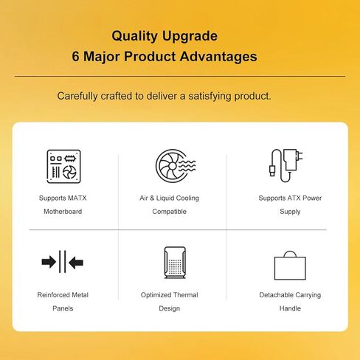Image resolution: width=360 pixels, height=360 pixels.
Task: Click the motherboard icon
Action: [x=63, y=166]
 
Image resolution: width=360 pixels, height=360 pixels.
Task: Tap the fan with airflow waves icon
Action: [x=176, y=166]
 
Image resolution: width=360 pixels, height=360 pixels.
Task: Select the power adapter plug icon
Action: [x=285, y=165]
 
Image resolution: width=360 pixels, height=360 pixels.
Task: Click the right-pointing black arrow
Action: [x=49, y=262]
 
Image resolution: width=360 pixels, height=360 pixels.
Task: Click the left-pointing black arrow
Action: [x=76, y=262]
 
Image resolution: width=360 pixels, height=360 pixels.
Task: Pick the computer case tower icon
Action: [x=175, y=263]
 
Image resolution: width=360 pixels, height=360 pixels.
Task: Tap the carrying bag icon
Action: [x=290, y=266]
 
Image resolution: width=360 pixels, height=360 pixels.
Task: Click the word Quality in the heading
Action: [x=134, y=36]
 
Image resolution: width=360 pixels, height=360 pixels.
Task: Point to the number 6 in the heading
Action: [x=75, y=56]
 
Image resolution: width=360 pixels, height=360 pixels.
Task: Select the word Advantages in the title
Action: [x=218, y=57]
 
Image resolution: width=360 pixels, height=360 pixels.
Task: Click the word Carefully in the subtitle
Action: [x=77, y=96]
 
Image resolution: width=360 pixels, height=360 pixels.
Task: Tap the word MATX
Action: [x=77, y=198]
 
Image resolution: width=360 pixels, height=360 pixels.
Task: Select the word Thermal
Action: [x=185, y=295]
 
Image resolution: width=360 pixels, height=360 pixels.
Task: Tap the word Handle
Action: [x=290, y=308]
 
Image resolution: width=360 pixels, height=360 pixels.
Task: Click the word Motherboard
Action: [x=63, y=212]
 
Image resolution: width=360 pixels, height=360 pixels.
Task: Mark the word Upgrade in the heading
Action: [x=190, y=37]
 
